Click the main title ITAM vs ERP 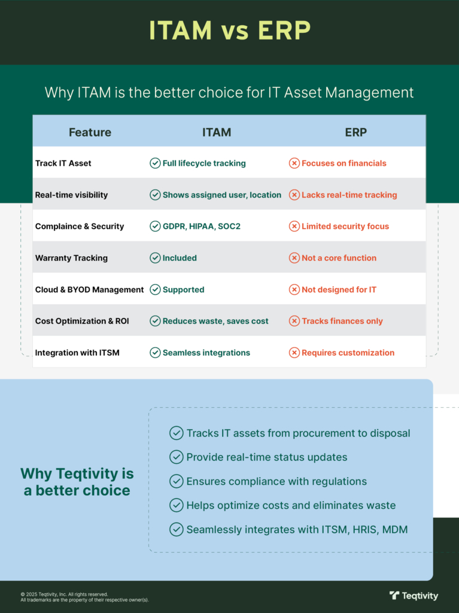pyautogui.click(x=230, y=30)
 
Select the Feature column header pyautogui.click(x=90, y=132)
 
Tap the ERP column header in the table pyautogui.click(x=356, y=132)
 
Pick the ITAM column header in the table pyautogui.click(x=217, y=132)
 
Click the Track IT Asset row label pyautogui.click(x=63, y=163)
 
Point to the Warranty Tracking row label pyautogui.click(x=71, y=257)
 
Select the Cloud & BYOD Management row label pyautogui.click(x=90, y=289)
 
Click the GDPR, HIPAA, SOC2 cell pyautogui.click(x=201, y=226)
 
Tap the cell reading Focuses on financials pyautogui.click(x=344, y=163)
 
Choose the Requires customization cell pyautogui.click(x=348, y=352)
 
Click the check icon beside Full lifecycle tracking pyautogui.click(x=155, y=163)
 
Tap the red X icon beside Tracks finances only pyautogui.click(x=294, y=321)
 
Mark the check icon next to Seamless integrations pyautogui.click(x=155, y=352)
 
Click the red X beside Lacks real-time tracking pyautogui.click(x=294, y=195)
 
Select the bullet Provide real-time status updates pyautogui.click(x=267, y=457)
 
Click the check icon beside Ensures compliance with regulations pyautogui.click(x=177, y=481)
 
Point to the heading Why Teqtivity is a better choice pyautogui.click(x=77, y=482)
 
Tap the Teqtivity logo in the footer pyautogui.click(x=414, y=596)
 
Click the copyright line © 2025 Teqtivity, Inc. pyautogui.click(x=64, y=594)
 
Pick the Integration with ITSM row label pyautogui.click(x=77, y=352)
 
